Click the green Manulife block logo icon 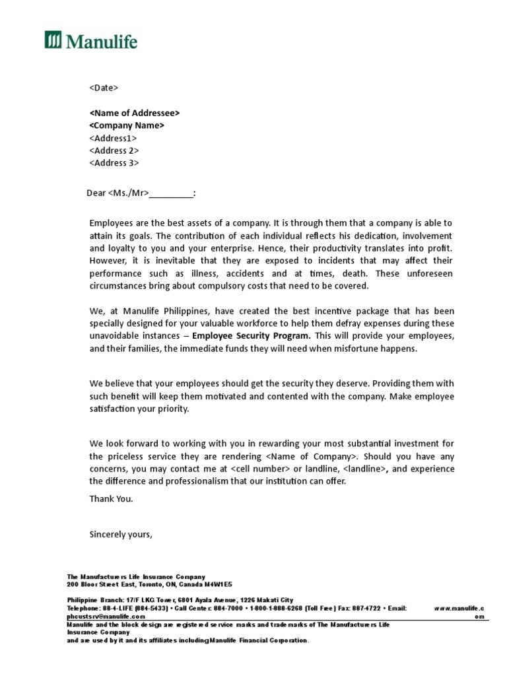click(53, 40)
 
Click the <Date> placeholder click(104, 87)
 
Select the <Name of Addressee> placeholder click(134, 113)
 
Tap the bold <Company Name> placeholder click(127, 125)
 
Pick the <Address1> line click(113, 138)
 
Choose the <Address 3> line click(114, 163)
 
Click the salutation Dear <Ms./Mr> click(141, 193)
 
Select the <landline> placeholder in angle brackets click(362, 469)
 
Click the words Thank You click(111, 498)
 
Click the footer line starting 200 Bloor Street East click(149, 585)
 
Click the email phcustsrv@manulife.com click(106, 616)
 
